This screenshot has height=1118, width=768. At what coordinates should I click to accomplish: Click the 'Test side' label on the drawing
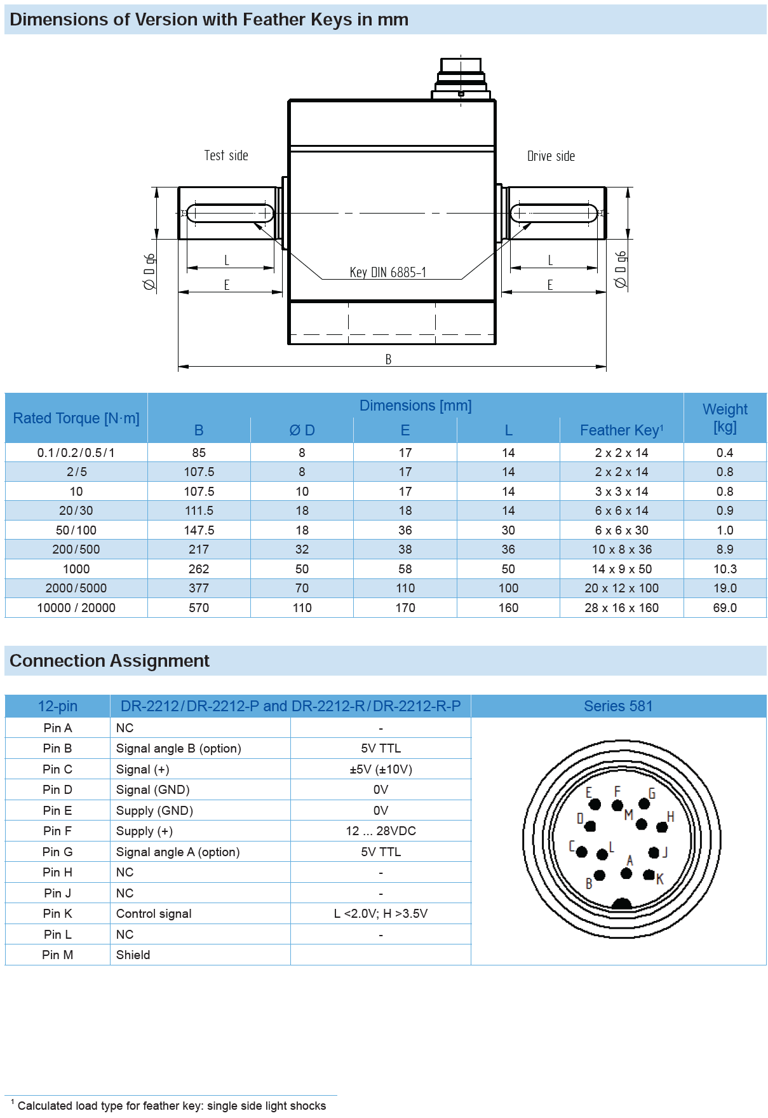pyautogui.click(x=226, y=156)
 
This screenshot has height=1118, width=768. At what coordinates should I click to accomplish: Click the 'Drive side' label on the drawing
pyautogui.click(x=551, y=156)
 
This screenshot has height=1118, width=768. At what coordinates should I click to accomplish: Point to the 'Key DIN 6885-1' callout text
pyautogui.click(x=387, y=273)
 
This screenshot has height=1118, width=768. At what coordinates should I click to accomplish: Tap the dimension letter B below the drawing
pyautogui.click(x=388, y=360)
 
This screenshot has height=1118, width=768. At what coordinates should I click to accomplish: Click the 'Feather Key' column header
pyautogui.click(x=621, y=430)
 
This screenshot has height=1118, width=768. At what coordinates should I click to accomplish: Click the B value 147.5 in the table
pyautogui.click(x=199, y=530)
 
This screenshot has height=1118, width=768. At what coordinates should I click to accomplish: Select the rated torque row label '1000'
pyautogui.click(x=76, y=569)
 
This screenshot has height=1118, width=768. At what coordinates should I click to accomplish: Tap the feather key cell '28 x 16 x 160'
pyautogui.click(x=621, y=608)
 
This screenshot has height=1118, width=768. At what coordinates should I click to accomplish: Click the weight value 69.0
pyautogui.click(x=725, y=608)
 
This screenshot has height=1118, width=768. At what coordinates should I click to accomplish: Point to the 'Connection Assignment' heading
pyautogui.click(x=109, y=661)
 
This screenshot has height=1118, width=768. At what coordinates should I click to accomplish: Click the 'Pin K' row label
pyautogui.click(x=57, y=913)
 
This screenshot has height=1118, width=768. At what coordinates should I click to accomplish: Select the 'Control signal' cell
pyautogui.click(x=154, y=913)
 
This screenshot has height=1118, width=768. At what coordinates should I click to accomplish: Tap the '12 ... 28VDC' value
pyautogui.click(x=381, y=831)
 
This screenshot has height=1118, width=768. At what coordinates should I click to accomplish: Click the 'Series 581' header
pyautogui.click(x=618, y=706)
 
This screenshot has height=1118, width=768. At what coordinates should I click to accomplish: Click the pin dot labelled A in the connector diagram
pyautogui.click(x=626, y=873)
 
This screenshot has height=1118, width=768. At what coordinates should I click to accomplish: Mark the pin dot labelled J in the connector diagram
pyautogui.click(x=654, y=852)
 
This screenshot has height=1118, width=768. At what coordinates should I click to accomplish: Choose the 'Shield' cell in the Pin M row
pyautogui.click(x=133, y=955)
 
